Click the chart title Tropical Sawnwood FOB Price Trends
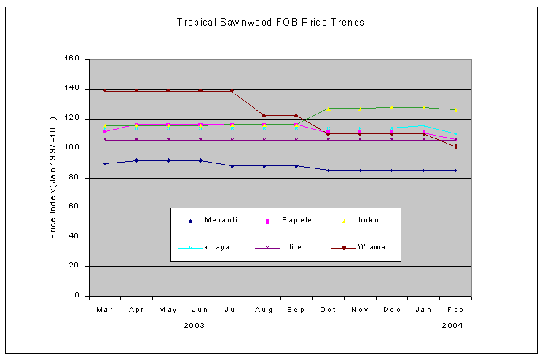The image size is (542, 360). click(270, 22)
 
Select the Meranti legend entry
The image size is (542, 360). click(221, 220)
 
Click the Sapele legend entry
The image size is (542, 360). click(293, 220)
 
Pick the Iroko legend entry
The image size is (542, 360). click(368, 220)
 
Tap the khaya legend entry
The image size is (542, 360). click(218, 247)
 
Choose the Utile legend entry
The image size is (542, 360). click(291, 247)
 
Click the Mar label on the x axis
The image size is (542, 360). click(104, 310)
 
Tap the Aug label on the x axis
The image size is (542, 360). click(264, 310)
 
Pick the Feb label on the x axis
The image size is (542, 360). click(455, 310)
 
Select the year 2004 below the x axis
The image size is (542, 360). click(452, 326)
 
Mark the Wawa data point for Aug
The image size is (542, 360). click(264, 116)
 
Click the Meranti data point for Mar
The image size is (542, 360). click(105, 163)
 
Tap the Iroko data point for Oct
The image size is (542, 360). click(328, 109)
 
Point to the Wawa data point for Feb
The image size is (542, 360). click(455, 146)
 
